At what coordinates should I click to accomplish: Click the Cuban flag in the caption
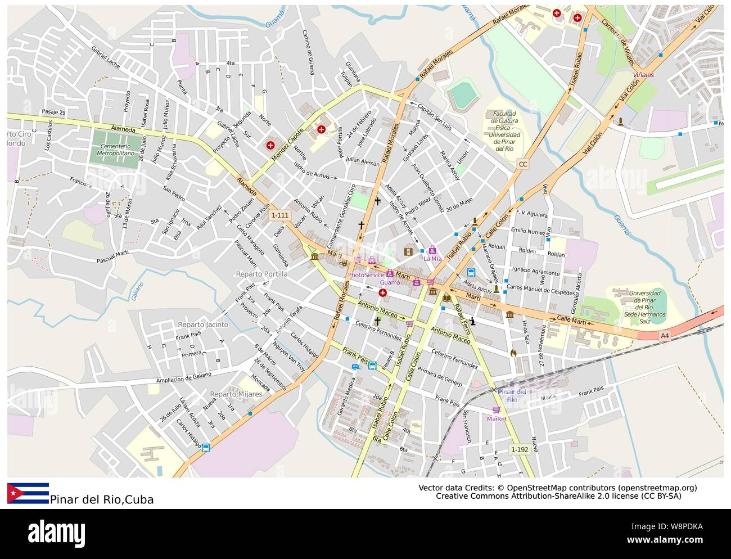(28, 493)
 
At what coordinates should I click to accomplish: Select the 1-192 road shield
(520, 449)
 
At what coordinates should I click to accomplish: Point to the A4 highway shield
(665, 336)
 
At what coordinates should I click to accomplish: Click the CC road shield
(523, 164)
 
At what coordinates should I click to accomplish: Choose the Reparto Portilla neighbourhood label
(261, 274)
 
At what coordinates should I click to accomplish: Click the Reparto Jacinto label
(202, 324)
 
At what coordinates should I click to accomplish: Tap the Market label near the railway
(497, 419)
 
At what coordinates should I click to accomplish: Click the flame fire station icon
(512, 353)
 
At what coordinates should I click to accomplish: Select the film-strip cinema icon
(408, 251)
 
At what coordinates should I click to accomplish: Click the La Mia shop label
(432, 259)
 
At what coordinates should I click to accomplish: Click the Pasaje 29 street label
(53, 112)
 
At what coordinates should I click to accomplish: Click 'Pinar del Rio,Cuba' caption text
(101, 499)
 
